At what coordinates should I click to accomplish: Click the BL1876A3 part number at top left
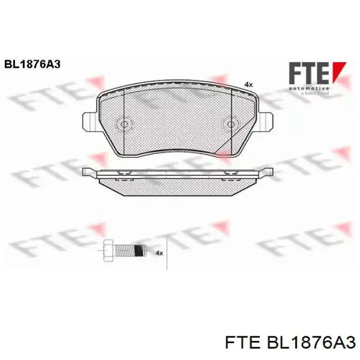(32, 64)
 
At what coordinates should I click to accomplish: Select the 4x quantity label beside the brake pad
(248, 84)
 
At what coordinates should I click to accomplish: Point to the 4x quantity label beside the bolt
(159, 253)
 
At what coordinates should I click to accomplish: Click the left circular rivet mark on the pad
(123, 124)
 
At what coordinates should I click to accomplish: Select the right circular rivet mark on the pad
(231, 124)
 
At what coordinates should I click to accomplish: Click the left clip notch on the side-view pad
(123, 173)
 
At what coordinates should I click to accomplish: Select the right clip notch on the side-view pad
(226, 173)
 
